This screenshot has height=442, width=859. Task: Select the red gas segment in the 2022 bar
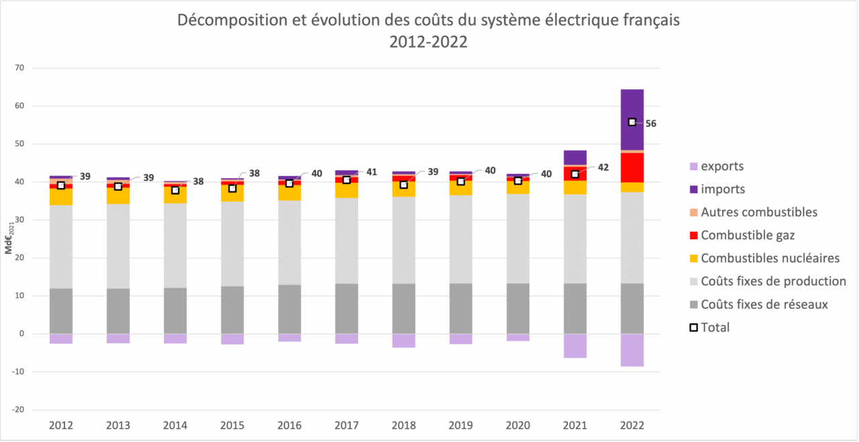click(631, 167)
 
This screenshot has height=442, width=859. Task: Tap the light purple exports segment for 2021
click(574, 346)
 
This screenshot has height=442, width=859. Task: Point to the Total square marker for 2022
click(632, 122)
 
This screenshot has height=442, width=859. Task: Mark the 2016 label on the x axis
click(289, 425)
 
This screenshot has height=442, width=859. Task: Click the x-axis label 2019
click(460, 425)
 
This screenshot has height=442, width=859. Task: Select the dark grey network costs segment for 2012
click(61, 311)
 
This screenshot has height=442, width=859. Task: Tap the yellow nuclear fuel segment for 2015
click(232, 193)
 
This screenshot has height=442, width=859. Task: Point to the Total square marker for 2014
click(175, 190)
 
